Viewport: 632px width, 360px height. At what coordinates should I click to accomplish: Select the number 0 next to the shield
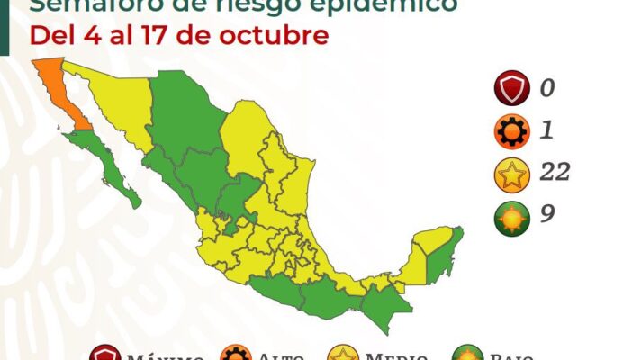pos(547,89)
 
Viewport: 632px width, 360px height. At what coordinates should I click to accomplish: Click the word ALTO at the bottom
pos(278,355)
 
